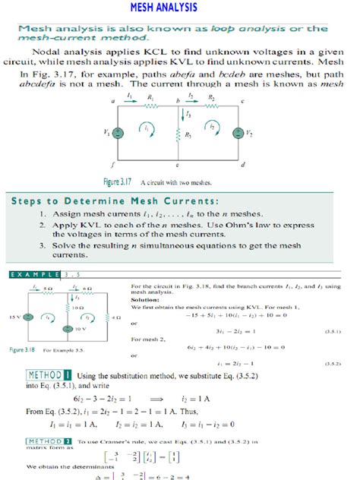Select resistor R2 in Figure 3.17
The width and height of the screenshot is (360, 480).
tap(212, 106)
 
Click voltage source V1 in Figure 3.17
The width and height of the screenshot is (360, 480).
tap(118, 132)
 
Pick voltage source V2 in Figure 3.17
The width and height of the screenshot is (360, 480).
tap(243, 132)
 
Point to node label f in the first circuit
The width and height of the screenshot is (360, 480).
tap(113, 163)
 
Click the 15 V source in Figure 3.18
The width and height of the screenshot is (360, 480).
tap(28, 317)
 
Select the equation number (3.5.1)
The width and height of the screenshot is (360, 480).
tap(332, 331)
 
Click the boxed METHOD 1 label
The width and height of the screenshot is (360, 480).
tap(49, 374)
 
